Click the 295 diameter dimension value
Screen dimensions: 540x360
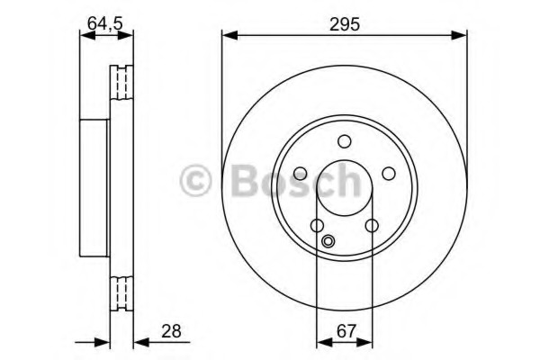[344, 24]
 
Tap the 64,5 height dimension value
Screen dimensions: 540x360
[104, 23]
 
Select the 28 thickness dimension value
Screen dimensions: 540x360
[171, 331]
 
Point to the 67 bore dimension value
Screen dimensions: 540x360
[346, 331]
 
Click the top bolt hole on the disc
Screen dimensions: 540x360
[344, 141]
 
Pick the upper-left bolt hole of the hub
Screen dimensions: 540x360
[301, 174]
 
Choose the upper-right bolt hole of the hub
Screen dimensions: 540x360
[389, 174]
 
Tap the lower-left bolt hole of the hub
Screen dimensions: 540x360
[317, 226]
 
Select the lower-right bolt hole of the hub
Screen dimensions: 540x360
[372, 226]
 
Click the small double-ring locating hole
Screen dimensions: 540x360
[328, 240]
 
